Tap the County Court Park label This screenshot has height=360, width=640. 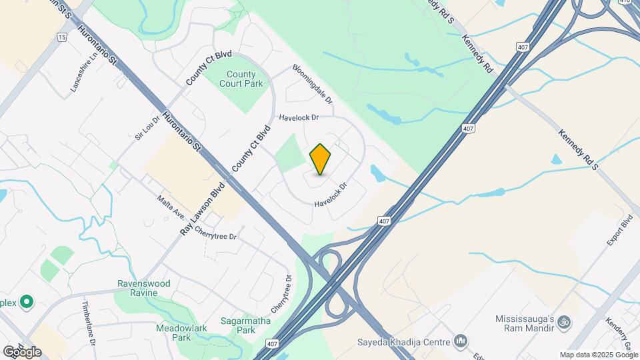(x=241, y=79)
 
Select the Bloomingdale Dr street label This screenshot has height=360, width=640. (x=313, y=85)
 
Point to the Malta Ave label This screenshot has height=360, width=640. (x=170, y=207)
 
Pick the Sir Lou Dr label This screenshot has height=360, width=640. (x=143, y=127)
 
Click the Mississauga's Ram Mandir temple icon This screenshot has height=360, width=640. (x=563, y=321)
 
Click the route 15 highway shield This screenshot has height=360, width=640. (x=62, y=38)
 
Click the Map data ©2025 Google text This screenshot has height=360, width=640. (x=598, y=355)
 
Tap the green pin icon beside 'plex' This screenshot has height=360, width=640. (x=27, y=303)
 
